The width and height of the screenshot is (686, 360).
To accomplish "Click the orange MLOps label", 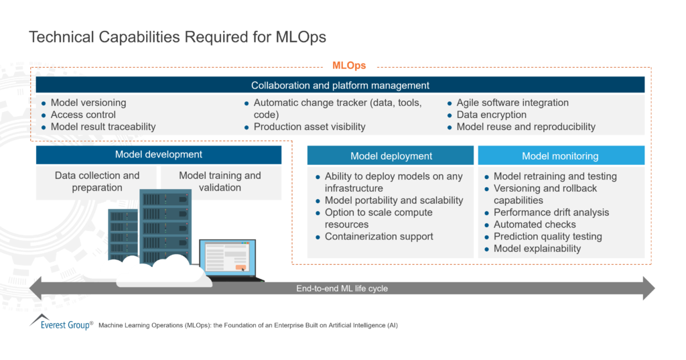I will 349,66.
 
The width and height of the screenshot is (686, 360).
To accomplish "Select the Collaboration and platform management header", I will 340,85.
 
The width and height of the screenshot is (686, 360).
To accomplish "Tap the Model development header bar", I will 158,155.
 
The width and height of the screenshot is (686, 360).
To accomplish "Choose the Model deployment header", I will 391,156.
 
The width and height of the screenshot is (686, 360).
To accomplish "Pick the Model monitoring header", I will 560,156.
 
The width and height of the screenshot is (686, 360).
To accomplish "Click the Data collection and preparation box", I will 97,182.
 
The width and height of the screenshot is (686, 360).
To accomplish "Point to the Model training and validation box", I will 220,182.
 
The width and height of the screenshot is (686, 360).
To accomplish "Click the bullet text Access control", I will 83,115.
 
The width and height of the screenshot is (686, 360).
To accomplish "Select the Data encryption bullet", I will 491,115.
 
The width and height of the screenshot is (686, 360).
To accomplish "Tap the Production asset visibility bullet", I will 310,127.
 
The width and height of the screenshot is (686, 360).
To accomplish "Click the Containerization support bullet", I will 379,237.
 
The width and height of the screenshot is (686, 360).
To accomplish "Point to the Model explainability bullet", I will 537,249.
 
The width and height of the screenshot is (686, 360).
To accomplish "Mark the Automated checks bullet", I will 535,225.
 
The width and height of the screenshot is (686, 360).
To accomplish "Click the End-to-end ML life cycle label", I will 342,289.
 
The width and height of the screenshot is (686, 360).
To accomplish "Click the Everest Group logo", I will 60,323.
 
